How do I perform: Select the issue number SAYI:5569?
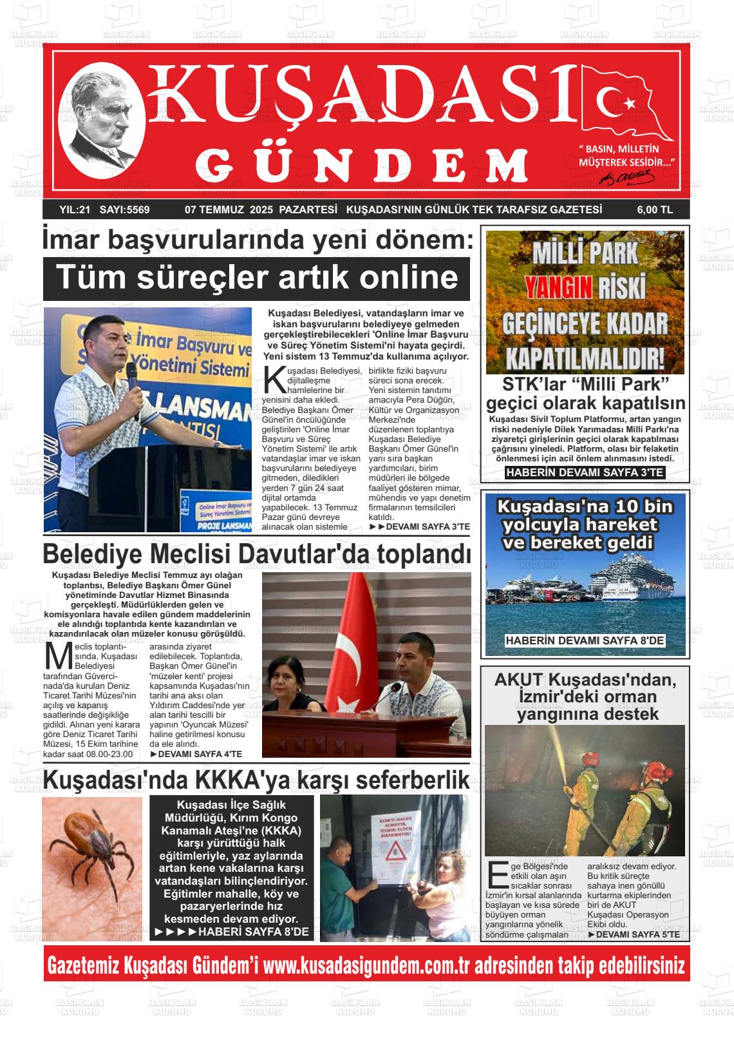pyautogui.click(x=125, y=209)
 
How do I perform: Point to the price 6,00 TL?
pyautogui.click(x=655, y=209)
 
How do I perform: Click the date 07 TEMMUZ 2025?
pyautogui.click(x=229, y=209)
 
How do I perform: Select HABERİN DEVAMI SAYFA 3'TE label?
pyautogui.click(x=585, y=473)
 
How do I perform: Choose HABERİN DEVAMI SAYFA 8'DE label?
pyautogui.click(x=585, y=640)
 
